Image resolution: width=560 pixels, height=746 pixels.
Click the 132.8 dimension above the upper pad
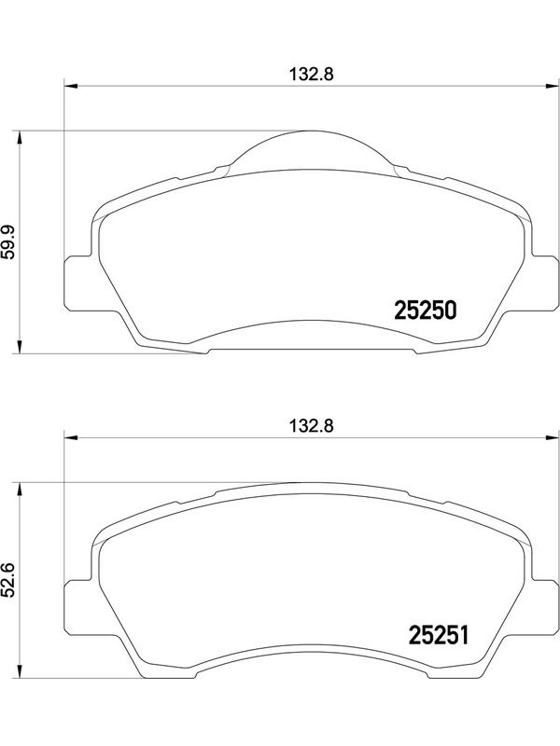pyautogui.click(x=312, y=75)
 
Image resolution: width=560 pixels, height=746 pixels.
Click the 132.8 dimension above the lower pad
pyautogui.click(x=312, y=426)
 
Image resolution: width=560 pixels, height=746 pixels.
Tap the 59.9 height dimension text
pyautogui.click(x=8, y=242)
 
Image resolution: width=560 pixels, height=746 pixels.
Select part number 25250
pyautogui.click(x=426, y=311)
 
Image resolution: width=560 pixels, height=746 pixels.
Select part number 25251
pyautogui.click(x=439, y=635)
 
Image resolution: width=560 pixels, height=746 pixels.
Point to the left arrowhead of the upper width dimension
pyautogui.click(x=70, y=86)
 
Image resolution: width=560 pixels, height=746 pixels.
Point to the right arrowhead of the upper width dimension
pyautogui.click(x=552, y=86)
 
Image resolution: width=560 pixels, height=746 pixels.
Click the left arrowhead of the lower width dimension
pyautogui.click(x=70, y=437)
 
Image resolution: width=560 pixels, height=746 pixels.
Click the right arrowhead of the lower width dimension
pyautogui.click(x=552, y=437)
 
